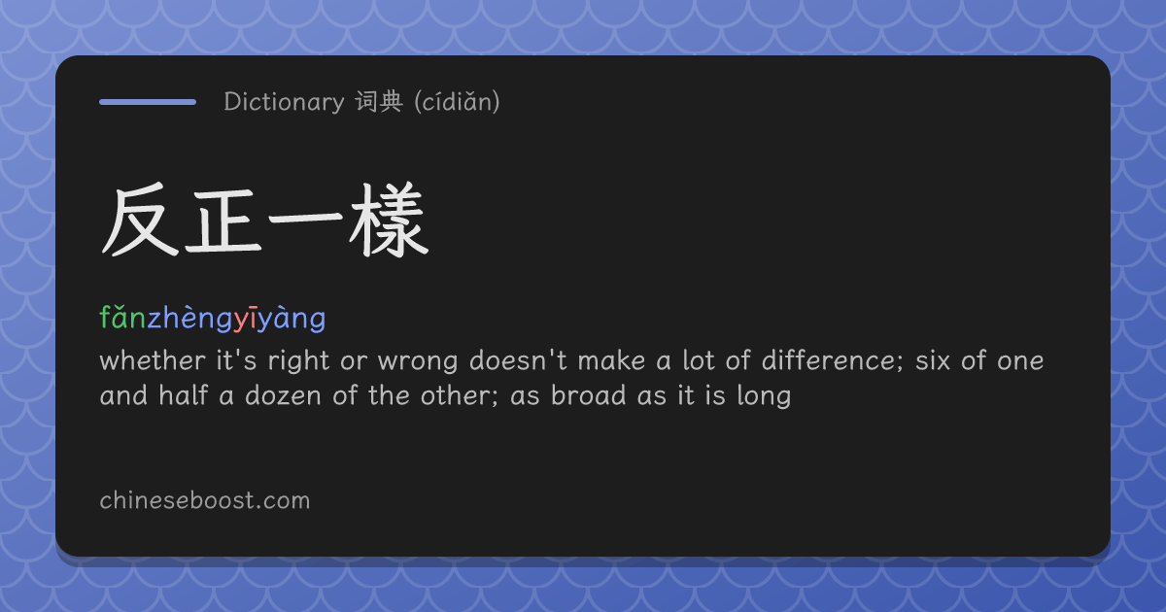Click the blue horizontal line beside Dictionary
148,102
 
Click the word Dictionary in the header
284,101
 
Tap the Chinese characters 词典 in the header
379,101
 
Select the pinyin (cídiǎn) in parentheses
457,101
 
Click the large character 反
140,220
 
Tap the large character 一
305,220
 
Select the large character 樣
389,220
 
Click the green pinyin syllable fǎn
122,317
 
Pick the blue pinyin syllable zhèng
190,318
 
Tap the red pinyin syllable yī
245,318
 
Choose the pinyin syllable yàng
291,318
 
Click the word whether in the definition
153,360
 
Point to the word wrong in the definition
418,361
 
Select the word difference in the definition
828,360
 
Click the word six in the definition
932,360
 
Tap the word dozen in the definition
283,395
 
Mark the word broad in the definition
588,395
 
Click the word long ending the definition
764,396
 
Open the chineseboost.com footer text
205,500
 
